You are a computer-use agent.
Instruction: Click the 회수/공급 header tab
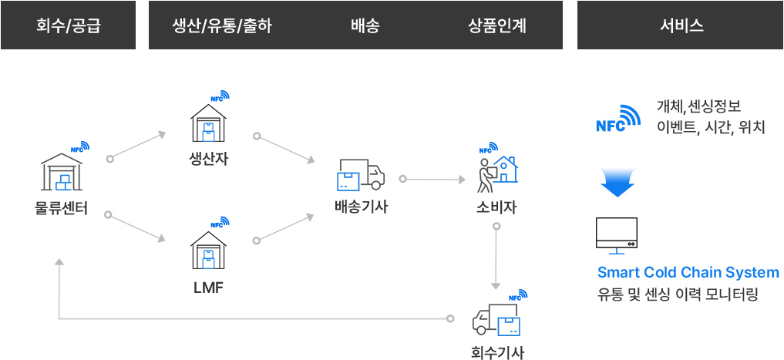68,25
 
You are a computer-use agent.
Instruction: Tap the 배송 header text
365,25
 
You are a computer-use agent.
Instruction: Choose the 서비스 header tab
681,25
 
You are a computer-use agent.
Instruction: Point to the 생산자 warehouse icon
208,123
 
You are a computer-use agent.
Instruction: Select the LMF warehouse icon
208,250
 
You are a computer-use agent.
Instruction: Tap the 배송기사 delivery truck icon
360,175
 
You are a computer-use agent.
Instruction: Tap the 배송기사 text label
361,207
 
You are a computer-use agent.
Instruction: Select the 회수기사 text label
497,353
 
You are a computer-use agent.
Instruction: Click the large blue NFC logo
618,119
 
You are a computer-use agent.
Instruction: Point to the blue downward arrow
617,183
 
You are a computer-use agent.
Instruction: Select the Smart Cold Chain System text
688,273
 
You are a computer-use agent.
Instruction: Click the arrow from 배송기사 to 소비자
433,180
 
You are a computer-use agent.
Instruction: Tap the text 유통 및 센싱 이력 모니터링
678,294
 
